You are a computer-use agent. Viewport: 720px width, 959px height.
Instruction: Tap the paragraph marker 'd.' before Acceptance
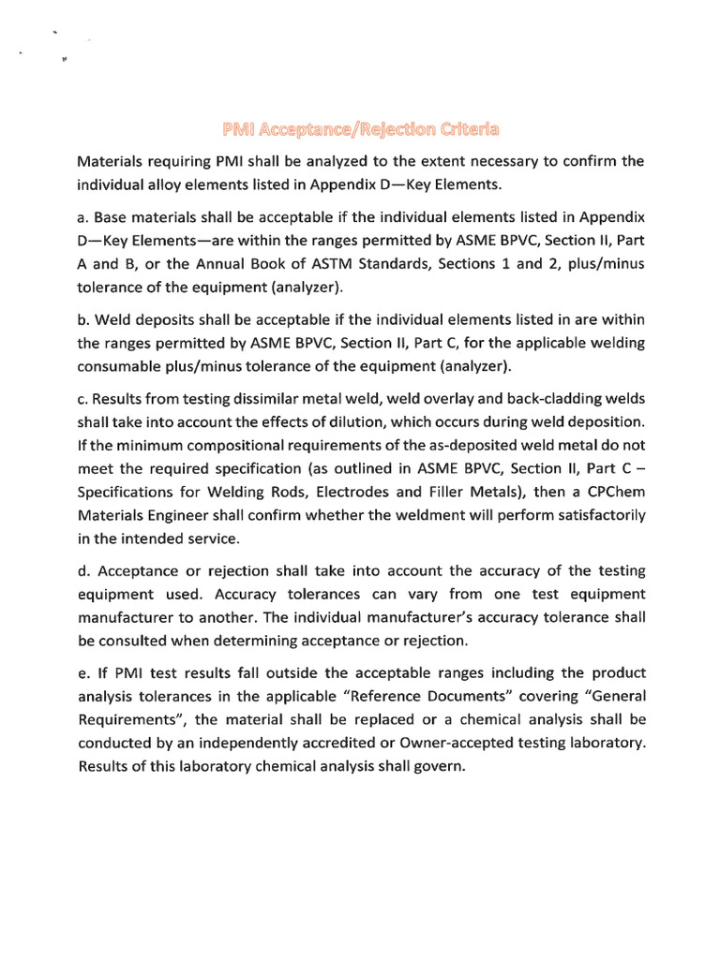pos(83,571)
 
